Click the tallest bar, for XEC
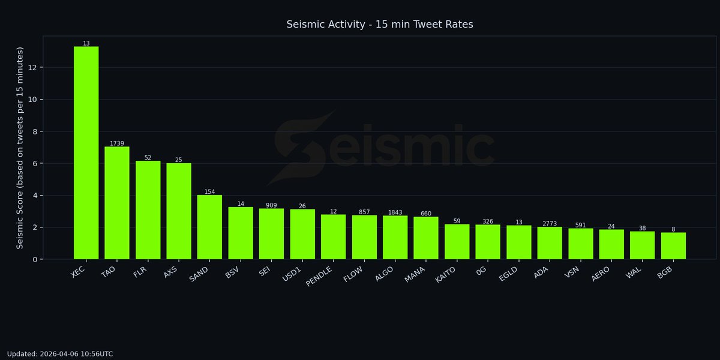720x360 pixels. (86, 153)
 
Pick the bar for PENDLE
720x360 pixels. (333, 237)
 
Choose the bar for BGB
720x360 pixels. (673, 246)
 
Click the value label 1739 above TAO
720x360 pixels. (117, 143)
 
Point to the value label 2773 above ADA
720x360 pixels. (550, 224)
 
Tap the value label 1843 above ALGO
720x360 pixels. (395, 212)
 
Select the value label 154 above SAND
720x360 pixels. (209, 192)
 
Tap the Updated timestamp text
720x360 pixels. (60, 354)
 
